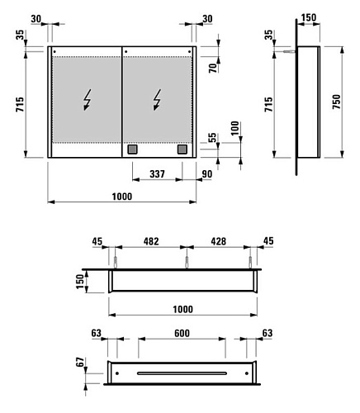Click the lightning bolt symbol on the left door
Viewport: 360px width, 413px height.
pyautogui.click(x=88, y=100)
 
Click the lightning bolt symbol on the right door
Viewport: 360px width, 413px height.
pyautogui.click(x=158, y=100)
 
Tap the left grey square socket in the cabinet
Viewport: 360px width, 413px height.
pyautogui.click(x=132, y=150)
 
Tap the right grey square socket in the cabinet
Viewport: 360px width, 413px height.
pyautogui.click(x=182, y=150)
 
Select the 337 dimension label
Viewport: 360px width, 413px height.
pyautogui.click(x=157, y=174)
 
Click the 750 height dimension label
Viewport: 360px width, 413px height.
pyautogui.click(x=336, y=102)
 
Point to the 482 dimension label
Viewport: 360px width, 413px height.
pyautogui.click(x=151, y=241)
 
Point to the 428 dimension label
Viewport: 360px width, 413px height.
pyautogui.click(x=219, y=241)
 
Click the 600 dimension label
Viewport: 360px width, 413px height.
pyautogui.click(x=182, y=333)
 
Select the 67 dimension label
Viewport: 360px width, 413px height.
pyautogui.click(x=80, y=362)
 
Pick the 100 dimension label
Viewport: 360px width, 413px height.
pyautogui.click(x=235, y=128)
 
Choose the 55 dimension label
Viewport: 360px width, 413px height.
pyautogui.click(x=212, y=138)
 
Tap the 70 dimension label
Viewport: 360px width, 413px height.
pyautogui.click(x=213, y=68)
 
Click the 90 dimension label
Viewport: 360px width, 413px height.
pyautogui.click(x=207, y=174)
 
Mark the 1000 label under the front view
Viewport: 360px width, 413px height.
pyautogui.click(x=122, y=197)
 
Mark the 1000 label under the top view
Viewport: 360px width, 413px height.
pyautogui.click(x=182, y=309)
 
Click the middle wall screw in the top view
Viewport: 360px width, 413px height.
pyautogui.click(x=187, y=262)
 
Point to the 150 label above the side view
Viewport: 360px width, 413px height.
pyautogui.click(x=309, y=17)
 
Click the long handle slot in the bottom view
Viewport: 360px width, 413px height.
pyautogui.click(x=182, y=373)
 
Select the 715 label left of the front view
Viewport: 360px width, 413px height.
pyautogui.click(x=20, y=104)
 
